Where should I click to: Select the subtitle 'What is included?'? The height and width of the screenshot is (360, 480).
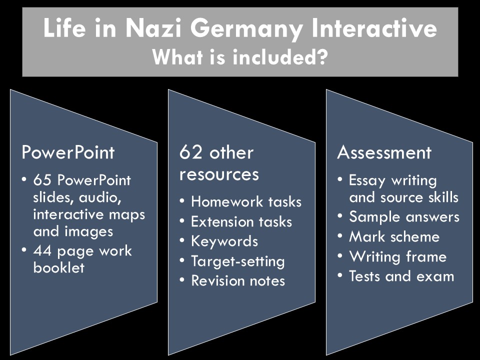click(x=240, y=57)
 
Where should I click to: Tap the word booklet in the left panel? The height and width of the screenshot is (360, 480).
click(x=59, y=267)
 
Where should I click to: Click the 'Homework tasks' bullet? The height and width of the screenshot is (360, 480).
click(x=246, y=201)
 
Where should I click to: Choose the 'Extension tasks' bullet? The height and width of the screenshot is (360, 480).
click(x=241, y=221)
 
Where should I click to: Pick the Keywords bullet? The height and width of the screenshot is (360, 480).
click(x=224, y=241)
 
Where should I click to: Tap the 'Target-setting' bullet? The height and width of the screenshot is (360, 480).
click(x=237, y=261)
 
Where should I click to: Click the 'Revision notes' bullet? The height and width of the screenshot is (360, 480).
click(x=237, y=280)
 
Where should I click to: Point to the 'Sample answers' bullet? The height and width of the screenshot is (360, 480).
click(x=404, y=217)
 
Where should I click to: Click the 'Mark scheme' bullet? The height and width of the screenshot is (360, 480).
click(x=394, y=236)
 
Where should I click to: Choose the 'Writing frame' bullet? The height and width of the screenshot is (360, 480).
click(x=397, y=256)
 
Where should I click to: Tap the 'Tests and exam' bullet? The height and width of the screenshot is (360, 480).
click(x=401, y=276)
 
